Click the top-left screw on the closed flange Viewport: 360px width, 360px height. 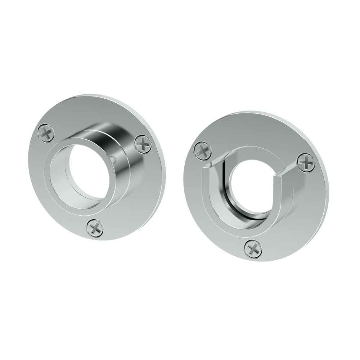click(46, 132)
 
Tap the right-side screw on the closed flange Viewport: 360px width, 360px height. click(143, 144)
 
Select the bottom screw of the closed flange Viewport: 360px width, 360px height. click(95, 228)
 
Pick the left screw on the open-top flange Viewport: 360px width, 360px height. click(203, 150)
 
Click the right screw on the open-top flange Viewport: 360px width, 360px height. click(306, 162)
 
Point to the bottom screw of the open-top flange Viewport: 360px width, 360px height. click(253, 248)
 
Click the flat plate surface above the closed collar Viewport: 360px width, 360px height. click(94, 112)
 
